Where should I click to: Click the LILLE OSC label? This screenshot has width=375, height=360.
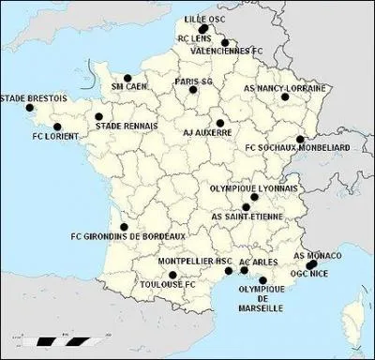(203, 18)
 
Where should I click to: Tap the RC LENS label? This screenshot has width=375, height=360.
(195, 38)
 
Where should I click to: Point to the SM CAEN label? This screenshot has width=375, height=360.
(129, 85)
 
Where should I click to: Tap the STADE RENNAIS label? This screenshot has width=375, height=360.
(127, 124)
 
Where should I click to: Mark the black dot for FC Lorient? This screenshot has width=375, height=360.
(57, 127)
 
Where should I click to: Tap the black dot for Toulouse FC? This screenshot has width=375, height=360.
(172, 274)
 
